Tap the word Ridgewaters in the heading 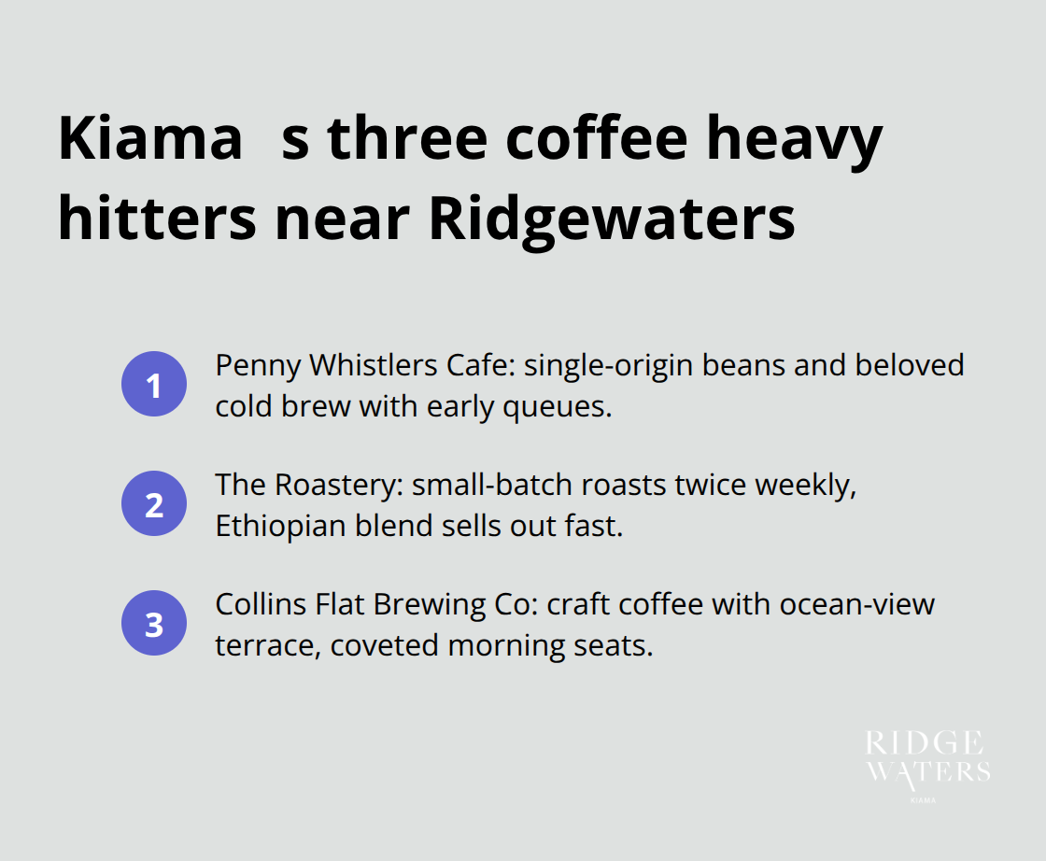(x=612, y=219)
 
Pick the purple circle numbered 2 (x=153, y=505)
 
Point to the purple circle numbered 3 (x=153, y=625)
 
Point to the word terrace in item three (x=261, y=645)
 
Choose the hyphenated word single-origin (x=606, y=365)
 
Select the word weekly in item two (x=802, y=485)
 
